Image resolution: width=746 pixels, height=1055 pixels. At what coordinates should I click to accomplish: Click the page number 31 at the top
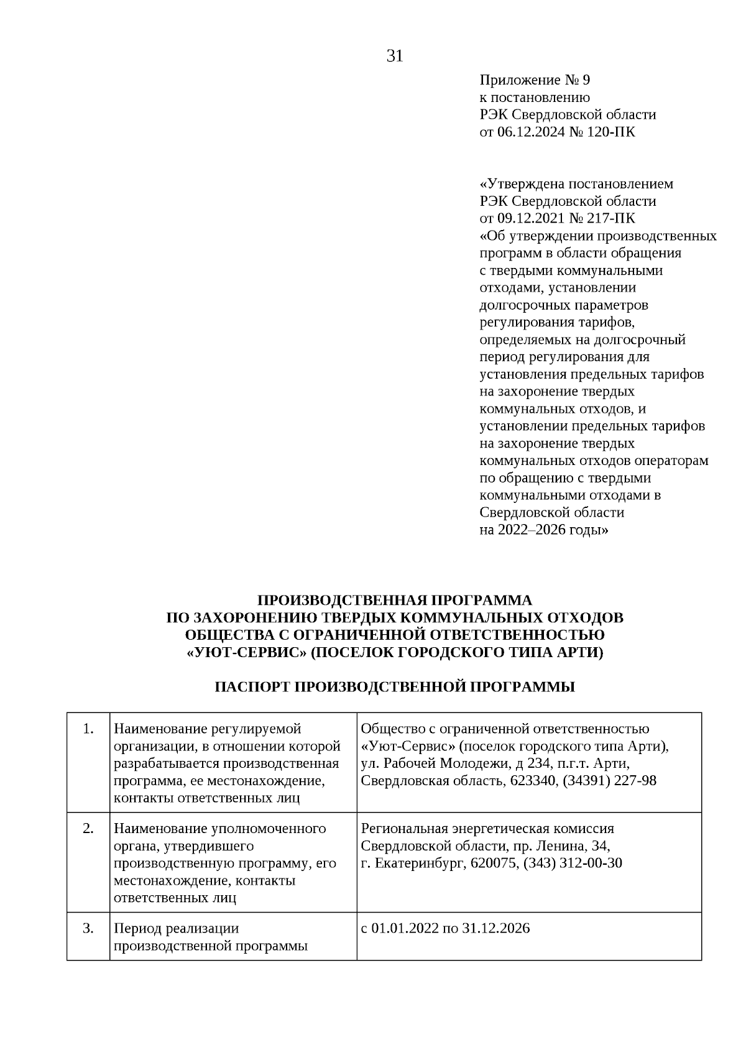tap(395, 57)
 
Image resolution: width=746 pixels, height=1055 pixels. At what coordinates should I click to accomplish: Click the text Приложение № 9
tap(534, 80)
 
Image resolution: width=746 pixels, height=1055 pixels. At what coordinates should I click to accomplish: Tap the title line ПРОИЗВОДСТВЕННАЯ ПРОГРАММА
tap(395, 601)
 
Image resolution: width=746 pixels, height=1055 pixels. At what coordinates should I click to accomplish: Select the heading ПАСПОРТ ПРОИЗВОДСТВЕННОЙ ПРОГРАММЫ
tap(395, 688)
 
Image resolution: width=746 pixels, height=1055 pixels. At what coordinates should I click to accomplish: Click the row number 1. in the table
tap(88, 729)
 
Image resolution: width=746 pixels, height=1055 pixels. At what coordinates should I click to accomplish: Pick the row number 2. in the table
tap(88, 829)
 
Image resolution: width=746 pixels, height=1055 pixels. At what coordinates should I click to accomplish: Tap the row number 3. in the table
tap(88, 928)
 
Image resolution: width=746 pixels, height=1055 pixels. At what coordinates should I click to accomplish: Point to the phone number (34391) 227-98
tap(609, 781)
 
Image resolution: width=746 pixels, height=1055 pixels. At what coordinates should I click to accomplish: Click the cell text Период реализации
tap(177, 929)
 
